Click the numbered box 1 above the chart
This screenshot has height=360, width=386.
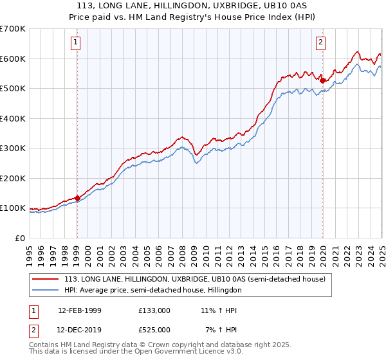tap(76, 43)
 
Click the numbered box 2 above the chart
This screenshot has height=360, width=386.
tap(320, 43)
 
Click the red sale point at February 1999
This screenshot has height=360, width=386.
tap(77, 198)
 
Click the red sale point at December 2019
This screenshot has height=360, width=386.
tap(322, 81)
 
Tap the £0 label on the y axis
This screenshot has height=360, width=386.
tap(19, 238)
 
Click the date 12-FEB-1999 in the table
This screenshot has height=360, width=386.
tap(80, 310)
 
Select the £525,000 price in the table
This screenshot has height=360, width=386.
tap(154, 329)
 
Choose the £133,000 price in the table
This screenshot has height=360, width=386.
tap(154, 310)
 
